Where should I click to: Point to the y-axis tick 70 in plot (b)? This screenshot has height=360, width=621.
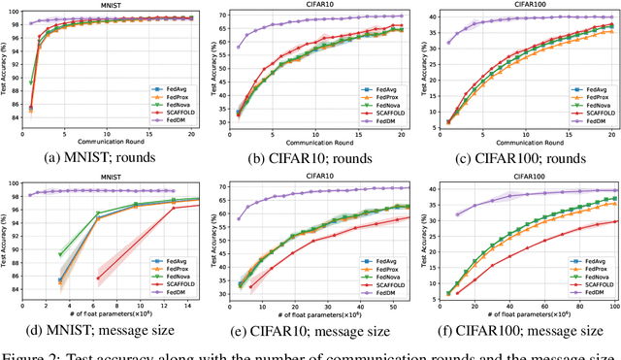point(225,16)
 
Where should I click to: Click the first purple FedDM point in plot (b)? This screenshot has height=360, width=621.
point(239,47)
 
